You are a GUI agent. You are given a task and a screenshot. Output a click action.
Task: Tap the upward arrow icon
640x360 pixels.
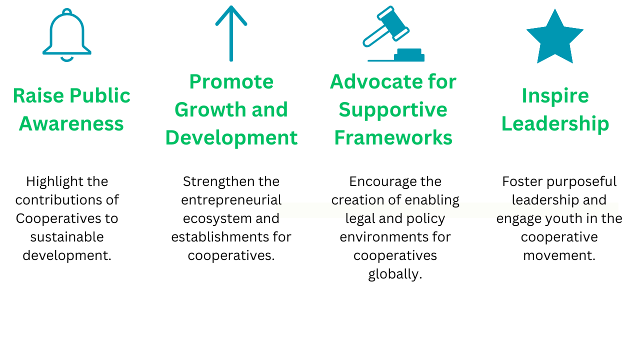click(x=231, y=33)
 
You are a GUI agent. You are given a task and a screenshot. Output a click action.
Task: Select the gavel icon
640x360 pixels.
click(x=393, y=33)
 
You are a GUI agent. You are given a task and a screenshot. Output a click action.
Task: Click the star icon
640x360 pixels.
click(x=555, y=37)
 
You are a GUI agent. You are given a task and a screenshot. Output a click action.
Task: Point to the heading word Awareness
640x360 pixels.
click(x=71, y=123)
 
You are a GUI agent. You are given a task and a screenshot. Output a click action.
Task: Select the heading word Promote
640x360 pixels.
click(x=231, y=81)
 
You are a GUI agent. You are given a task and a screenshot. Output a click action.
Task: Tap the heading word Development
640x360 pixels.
click(x=231, y=138)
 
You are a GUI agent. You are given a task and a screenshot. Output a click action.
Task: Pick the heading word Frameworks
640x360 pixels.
click(x=393, y=137)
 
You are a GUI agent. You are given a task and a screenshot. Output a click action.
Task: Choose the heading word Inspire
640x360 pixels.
click(x=555, y=96)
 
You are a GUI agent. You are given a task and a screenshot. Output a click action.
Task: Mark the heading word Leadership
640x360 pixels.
click(x=555, y=123)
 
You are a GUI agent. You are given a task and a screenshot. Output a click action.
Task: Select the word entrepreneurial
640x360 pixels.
click(x=231, y=200)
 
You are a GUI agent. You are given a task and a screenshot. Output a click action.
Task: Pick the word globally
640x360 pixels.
click(x=395, y=274)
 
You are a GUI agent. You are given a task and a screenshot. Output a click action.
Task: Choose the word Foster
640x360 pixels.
click(x=522, y=181)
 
